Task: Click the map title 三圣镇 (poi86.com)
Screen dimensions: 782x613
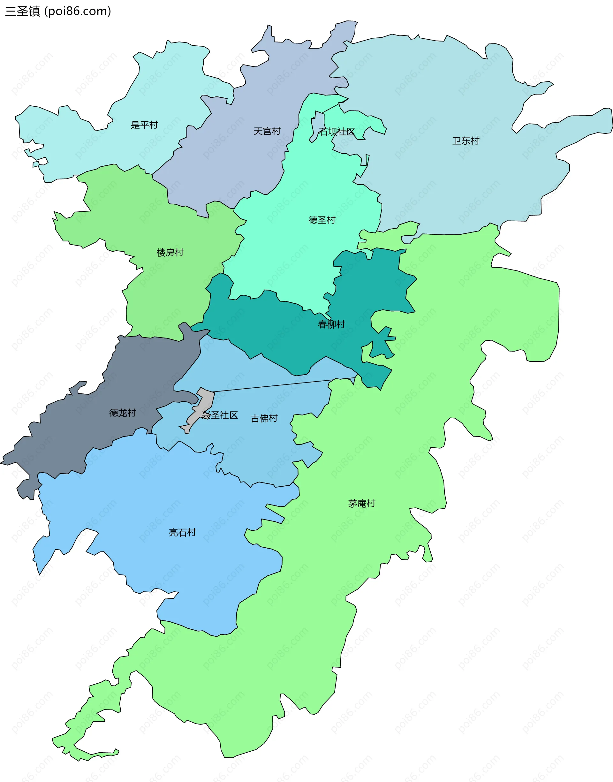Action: point(58,11)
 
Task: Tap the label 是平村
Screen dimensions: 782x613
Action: point(144,125)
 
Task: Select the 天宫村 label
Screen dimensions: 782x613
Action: point(267,131)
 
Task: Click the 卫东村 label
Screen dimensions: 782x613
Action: point(465,141)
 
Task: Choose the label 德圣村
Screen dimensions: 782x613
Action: point(322,220)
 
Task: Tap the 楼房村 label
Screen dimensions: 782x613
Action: point(170,253)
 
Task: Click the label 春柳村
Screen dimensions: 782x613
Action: point(331,324)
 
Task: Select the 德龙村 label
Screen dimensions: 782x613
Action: point(123,413)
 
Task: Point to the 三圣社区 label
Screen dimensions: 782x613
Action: point(220,415)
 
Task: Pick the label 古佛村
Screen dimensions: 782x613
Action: point(264,418)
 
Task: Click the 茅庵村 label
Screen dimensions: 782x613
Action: point(361,504)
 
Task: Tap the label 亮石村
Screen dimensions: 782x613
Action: point(182,533)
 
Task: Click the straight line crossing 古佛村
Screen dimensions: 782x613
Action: point(280,385)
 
